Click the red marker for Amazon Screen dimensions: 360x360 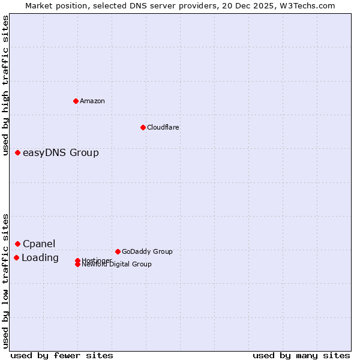pos(76,101)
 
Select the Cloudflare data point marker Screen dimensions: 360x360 pos(143,127)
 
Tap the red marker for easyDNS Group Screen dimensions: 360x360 pos(18,153)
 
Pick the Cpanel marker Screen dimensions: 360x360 pos(18,244)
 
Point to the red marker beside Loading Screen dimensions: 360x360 pos(17,257)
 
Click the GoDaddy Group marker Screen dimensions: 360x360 pos(118,251)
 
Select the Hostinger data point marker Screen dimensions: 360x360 pos(78,260)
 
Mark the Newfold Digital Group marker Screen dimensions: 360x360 pos(78,265)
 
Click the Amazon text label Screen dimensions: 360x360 pos(92,101)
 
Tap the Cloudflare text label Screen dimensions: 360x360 pos(163,127)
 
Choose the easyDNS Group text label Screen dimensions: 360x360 pos(61,153)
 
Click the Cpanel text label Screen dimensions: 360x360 pos(39,244)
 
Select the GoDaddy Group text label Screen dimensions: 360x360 pos(147,251)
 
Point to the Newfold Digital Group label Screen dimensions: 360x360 pos(117,265)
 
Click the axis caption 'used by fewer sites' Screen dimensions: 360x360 pos(62,355)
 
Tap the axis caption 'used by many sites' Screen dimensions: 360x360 pos(301,355)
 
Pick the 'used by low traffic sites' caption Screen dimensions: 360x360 pos(6,281)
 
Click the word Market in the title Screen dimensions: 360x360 pos(38,5)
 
